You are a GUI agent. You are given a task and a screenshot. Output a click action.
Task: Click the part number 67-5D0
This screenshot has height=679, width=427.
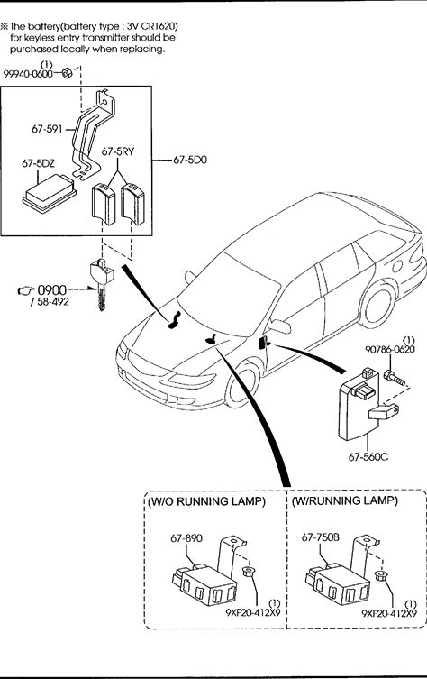tap(190, 160)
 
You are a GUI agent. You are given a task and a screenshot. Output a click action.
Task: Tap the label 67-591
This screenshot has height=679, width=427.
tap(47, 129)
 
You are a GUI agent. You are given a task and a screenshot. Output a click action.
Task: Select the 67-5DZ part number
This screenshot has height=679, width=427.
tap(38, 163)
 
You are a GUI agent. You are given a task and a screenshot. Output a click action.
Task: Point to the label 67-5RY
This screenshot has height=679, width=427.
tap(118, 151)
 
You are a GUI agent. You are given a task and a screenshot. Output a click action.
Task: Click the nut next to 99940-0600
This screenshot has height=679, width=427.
tap(67, 73)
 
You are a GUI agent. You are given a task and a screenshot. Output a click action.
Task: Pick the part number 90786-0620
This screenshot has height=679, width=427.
tap(390, 349)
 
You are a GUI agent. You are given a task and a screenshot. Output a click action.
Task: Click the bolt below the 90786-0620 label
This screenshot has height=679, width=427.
tap(394, 378)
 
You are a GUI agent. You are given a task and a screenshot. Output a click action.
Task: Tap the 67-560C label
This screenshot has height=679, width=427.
tap(368, 456)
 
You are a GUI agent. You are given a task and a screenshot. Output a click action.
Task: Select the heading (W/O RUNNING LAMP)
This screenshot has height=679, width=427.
tap(206, 501)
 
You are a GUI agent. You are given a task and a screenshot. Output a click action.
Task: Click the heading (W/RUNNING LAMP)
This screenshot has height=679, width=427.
tap(344, 500)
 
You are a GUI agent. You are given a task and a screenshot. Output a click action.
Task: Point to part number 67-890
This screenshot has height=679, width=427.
tap(186, 538)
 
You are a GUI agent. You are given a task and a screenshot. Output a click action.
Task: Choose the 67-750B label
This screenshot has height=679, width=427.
tap(320, 537)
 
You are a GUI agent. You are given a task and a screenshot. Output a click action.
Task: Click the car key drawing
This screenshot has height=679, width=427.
tap(101, 283)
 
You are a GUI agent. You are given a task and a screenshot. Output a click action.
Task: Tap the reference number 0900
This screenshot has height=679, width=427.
tap(52, 289)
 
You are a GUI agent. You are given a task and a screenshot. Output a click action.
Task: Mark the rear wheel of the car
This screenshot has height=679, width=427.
tap(377, 304)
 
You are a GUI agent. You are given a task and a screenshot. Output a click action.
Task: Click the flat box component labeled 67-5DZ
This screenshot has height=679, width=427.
tap(50, 193)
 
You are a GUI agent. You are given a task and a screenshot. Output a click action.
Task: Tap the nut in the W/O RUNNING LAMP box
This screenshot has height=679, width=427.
tap(248, 572)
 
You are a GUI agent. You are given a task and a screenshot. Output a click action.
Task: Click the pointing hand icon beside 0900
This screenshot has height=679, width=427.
tap(26, 290)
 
